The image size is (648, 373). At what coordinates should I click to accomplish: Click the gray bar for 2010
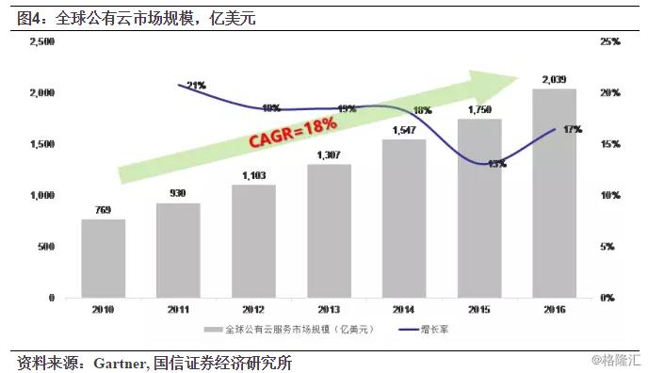point(103,258)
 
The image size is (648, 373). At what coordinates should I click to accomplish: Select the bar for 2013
point(329,231)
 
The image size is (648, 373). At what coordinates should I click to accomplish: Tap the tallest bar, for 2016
point(554,193)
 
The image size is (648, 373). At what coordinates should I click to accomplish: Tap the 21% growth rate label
point(196,86)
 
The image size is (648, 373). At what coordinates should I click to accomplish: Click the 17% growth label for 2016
point(572,129)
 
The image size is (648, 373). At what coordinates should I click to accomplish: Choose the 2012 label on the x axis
point(253,309)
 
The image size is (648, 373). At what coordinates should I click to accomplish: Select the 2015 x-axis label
point(479,309)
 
